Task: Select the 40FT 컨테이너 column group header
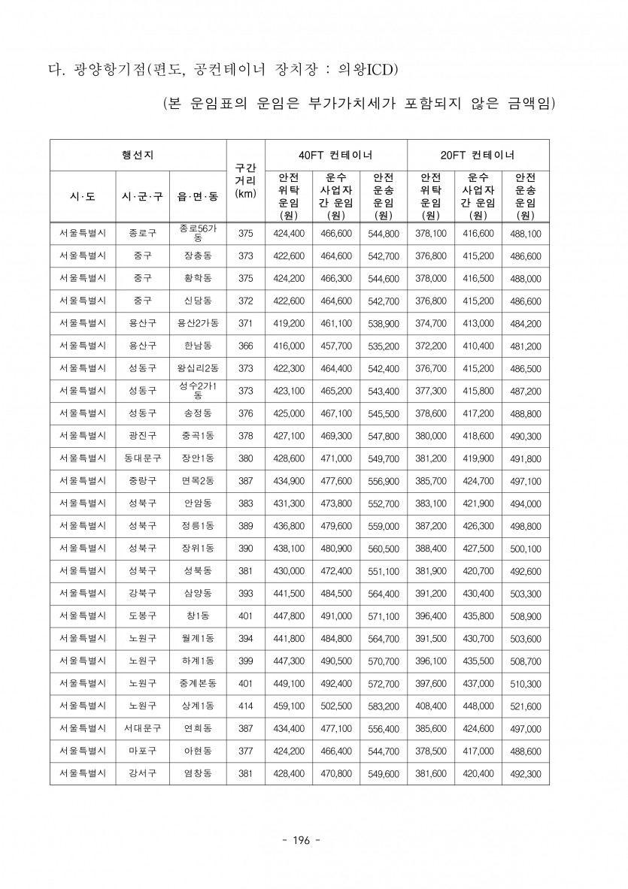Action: tap(335, 155)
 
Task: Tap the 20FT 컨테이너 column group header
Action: tap(478, 155)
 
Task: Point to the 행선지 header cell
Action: tap(138, 155)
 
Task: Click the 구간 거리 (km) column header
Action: tap(245, 180)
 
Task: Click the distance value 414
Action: tap(245, 706)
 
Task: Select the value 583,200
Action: tap(384, 706)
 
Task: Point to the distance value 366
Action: tap(245, 346)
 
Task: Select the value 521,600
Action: tap(525, 706)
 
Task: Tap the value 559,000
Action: tap(384, 526)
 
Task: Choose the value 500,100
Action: tap(525, 549)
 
